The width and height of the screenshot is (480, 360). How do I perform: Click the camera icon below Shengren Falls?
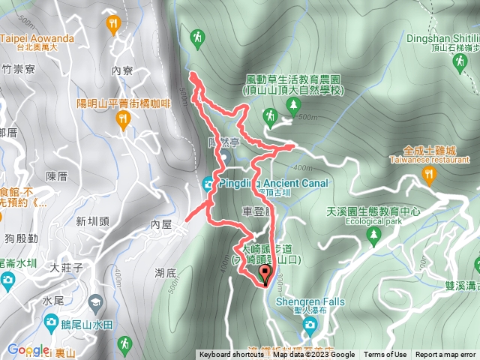309,324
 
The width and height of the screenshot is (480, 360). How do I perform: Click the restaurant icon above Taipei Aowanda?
113,23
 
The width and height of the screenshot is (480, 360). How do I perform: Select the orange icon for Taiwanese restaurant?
429,175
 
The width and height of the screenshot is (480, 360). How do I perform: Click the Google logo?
28,350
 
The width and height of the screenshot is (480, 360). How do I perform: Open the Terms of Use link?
385,355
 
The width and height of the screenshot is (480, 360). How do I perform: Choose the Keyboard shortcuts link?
232,355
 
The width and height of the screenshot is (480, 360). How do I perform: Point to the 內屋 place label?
161,223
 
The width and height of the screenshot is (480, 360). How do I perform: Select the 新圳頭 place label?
92,220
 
